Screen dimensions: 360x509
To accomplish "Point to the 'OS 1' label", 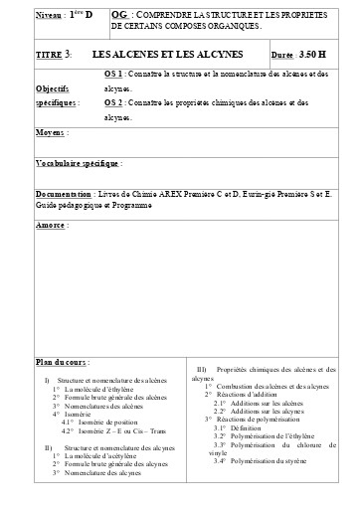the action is click(113, 75).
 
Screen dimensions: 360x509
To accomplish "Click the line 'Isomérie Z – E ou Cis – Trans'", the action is click(125, 430).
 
